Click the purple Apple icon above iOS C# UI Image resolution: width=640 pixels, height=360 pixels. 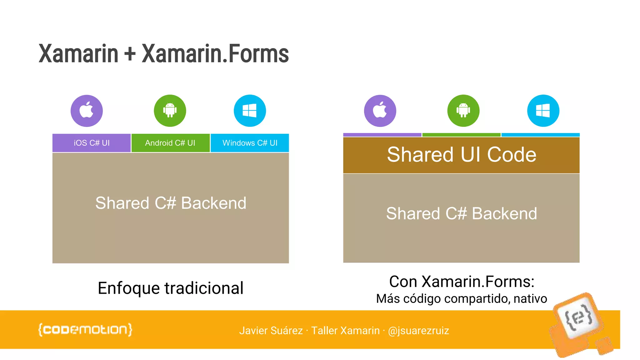point(87,111)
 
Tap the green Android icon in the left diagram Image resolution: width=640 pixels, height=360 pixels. point(170,111)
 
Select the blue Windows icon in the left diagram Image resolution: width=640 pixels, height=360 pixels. point(250,111)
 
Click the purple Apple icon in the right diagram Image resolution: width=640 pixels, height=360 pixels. point(380,111)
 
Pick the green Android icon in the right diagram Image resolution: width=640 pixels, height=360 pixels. point(463,111)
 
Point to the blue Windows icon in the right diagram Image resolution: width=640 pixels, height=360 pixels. point(543,111)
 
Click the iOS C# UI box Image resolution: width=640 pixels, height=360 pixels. point(92,143)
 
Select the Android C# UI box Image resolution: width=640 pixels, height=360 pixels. point(170,143)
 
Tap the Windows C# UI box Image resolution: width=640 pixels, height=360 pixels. point(250,143)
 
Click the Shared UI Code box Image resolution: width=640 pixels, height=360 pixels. point(461,155)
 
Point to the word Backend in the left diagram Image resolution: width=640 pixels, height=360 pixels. point(214,203)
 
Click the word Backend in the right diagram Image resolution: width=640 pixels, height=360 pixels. point(504,214)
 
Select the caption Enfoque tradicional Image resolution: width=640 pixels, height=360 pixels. point(170,288)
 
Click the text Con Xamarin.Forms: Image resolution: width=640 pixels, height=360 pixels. point(462,282)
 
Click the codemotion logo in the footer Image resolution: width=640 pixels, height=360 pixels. point(85,330)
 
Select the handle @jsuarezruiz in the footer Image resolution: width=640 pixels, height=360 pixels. point(418,331)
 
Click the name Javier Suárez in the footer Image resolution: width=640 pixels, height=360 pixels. point(271,331)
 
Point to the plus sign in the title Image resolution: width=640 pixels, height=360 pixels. point(130,54)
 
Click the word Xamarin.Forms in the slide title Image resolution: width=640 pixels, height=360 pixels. point(215,54)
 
